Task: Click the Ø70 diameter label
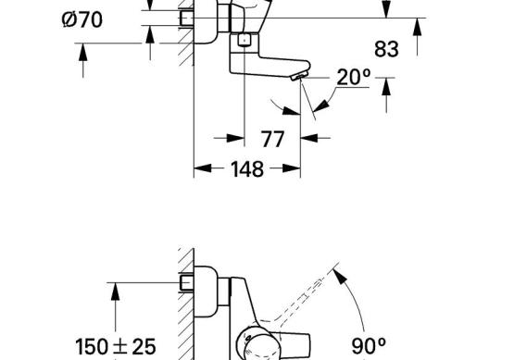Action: click(x=81, y=19)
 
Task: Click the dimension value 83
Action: click(x=386, y=49)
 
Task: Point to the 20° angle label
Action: click(x=354, y=78)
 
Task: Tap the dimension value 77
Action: click(x=272, y=139)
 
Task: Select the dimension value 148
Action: click(x=247, y=169)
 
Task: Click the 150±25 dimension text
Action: click(x=116, y=347)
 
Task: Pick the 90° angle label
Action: click(x=369, y=346)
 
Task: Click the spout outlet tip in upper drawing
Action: click(x=300, y=77)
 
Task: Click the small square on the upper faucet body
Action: click(x=244, y=41)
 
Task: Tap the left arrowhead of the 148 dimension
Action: click(x=203, y=168)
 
